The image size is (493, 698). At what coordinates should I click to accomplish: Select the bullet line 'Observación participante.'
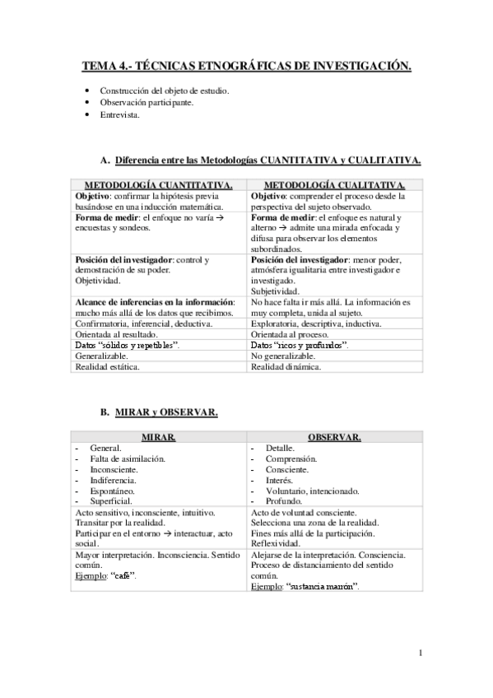[147, 102]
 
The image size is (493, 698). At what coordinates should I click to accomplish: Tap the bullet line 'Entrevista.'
[120, 115]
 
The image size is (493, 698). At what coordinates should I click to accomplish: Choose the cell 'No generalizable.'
[282, 356]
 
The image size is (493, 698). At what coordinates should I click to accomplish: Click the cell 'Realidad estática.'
[107, 367]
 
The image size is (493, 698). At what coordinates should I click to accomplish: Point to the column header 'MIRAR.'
[158, 436]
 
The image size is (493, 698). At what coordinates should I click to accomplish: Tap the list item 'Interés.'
[279, 479]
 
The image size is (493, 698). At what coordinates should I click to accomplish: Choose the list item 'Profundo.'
[285, 500]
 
